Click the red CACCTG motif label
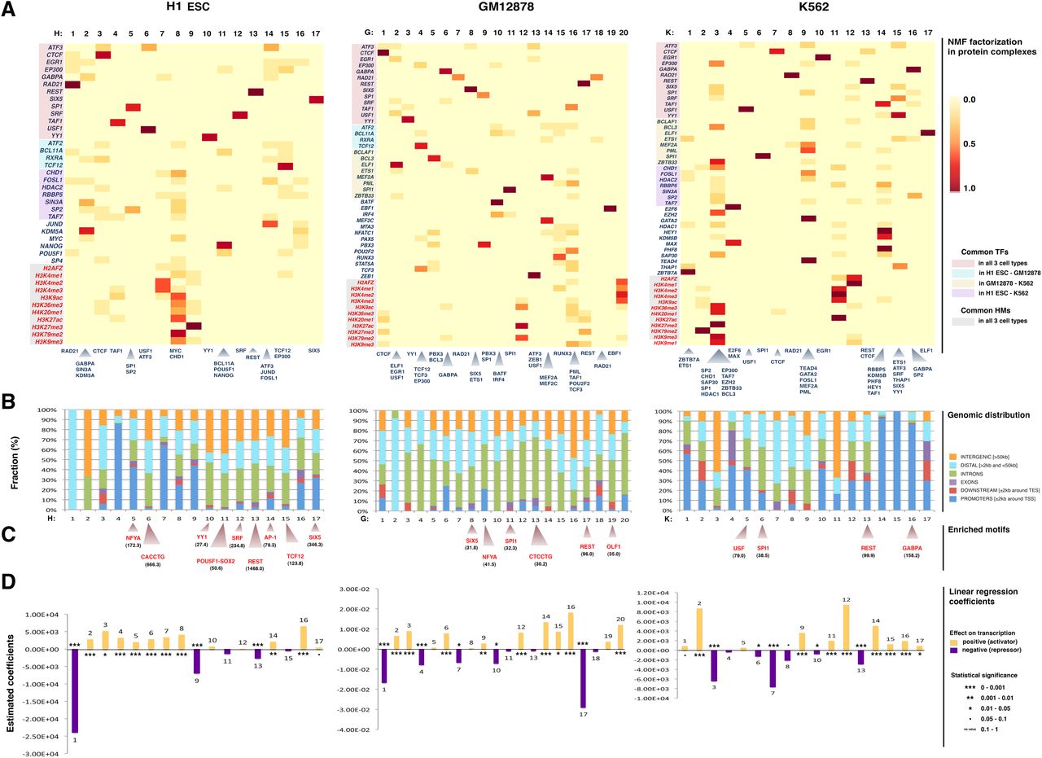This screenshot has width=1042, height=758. tap(151, 558)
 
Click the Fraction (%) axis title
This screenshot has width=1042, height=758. tap(15, 459)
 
